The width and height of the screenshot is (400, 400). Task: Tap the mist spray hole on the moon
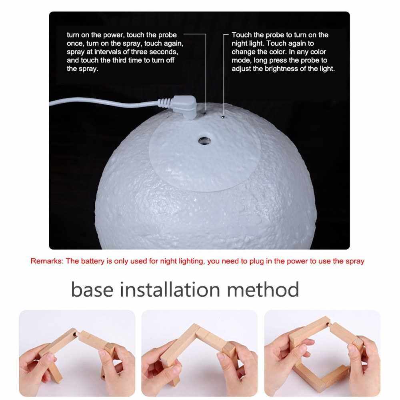point(204,140)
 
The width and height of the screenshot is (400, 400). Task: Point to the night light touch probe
point(223,117)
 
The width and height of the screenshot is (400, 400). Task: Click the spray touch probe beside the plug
point(205,112)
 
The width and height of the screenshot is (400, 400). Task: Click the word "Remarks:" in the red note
point(47,261)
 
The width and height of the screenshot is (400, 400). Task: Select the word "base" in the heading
point(92,289)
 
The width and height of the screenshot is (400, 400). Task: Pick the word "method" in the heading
point(263,289)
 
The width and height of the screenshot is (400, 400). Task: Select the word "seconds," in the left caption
point(164,52)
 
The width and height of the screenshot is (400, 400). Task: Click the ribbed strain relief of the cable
point(164,102)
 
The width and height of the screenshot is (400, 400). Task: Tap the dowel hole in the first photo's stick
point(74,334)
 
